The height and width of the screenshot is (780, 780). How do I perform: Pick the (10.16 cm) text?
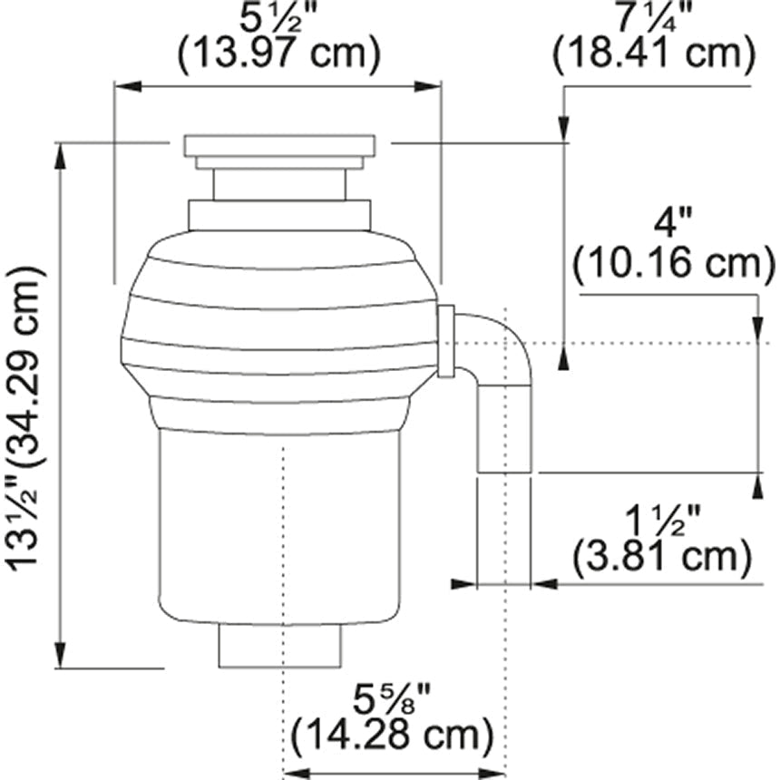tap(672, 263)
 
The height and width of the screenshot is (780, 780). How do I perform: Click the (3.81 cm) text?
tap(662, 559)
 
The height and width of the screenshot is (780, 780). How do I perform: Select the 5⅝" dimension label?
tap(393, 698)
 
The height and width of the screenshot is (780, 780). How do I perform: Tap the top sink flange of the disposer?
tap(279, 145)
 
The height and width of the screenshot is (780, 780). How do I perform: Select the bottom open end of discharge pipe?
tap(504, 471)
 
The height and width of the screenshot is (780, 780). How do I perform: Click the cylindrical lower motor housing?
tap(279, 526)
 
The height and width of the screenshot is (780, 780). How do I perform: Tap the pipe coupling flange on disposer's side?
tap(445, 341)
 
